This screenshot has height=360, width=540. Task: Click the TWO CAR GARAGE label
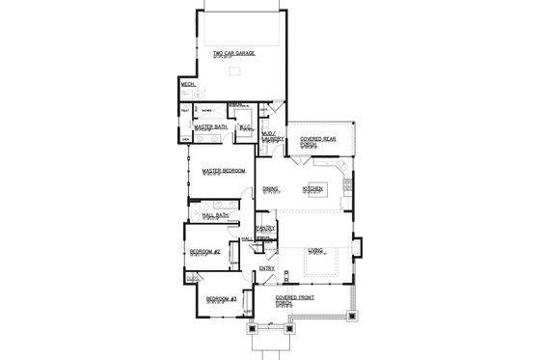pyautogui.click(x=233, y=54)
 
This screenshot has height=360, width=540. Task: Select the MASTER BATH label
pyautogui.click(x=209, y=125)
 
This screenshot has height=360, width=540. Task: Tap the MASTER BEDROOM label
pyautogui.click(x=224, y=171)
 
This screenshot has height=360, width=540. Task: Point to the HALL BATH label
pyautogui.click(x=202, y=215)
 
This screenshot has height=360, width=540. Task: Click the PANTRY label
pyautogui.click(x=265, y=229)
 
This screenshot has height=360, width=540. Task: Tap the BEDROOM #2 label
pyautogui.click(x=204, y=252)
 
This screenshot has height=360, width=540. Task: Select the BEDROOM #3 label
pyautogui.click(x=219, y=300)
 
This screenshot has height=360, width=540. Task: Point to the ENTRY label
pyautogui.click(x=267, y=267)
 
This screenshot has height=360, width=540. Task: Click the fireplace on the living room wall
pyautogui.click(x=356, y=250)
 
